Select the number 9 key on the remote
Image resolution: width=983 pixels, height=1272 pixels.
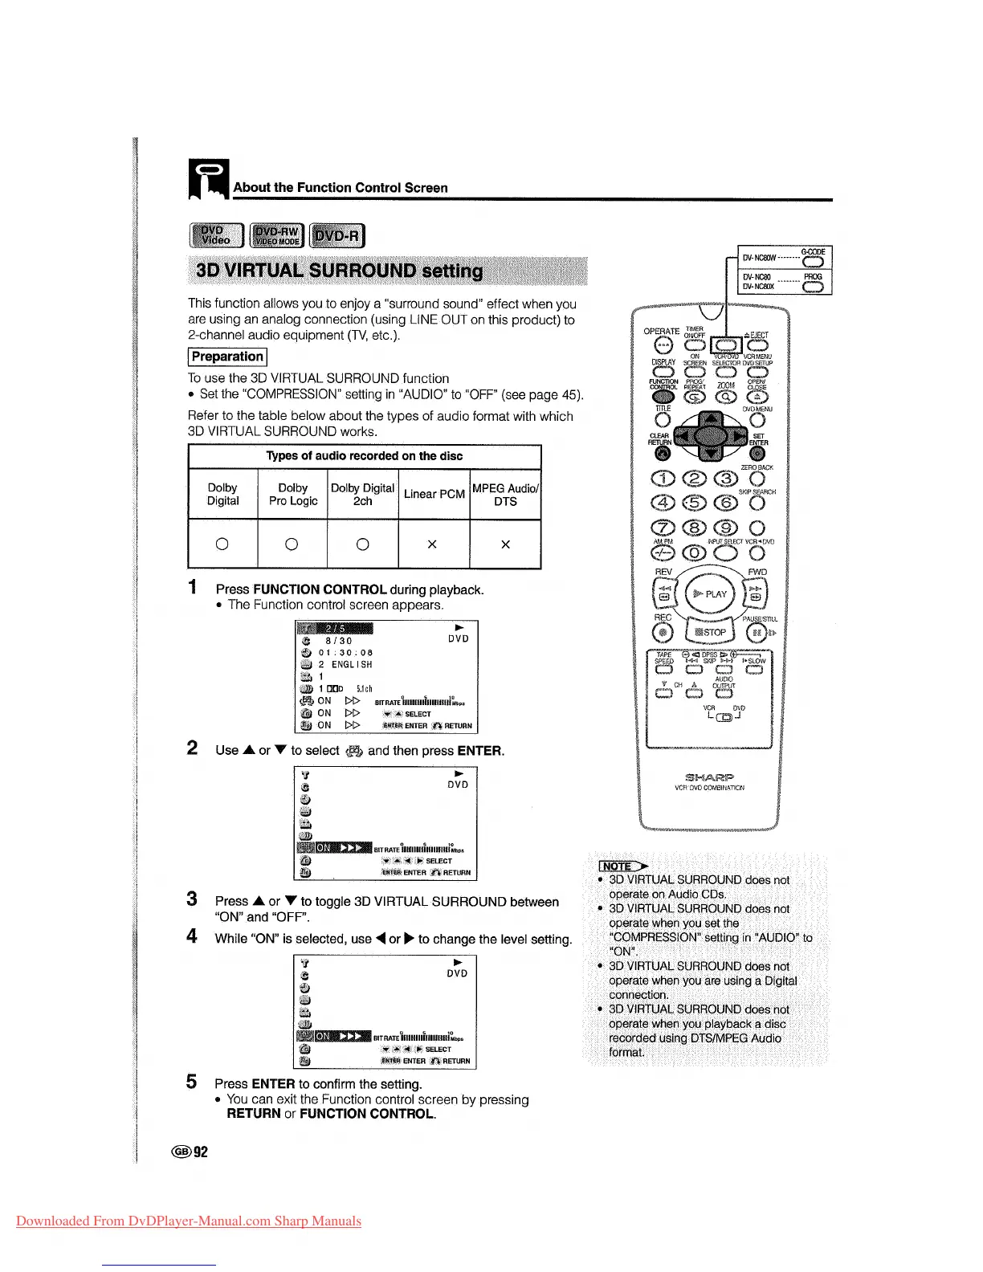(x=725, y=528)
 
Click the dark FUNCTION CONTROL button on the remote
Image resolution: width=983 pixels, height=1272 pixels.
(x=663, y=397)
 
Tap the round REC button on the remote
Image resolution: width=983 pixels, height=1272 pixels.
(x=663, y=633)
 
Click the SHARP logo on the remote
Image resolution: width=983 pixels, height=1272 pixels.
(x=710, y=777)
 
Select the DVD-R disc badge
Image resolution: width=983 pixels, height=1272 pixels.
(x=337, y=236)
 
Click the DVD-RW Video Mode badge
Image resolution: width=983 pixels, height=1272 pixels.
(x=277, y=236)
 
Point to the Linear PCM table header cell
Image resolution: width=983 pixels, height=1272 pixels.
(x=434, y=494)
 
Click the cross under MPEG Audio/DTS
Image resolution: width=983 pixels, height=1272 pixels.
(x=505, y=544)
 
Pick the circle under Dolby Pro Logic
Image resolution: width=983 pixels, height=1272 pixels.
(x=292, y=544)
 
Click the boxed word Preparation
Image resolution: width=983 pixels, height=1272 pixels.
(x=227, y=357)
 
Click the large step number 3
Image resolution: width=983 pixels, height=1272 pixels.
(x=192, y=899)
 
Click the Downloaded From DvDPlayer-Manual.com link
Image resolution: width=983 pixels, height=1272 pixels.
(x=189, y=1221)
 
